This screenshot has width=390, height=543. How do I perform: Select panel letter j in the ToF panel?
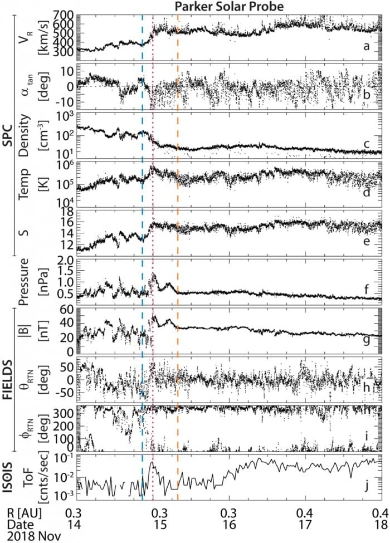coord(367,486)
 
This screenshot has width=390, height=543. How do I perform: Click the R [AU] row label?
coord(22,511)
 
